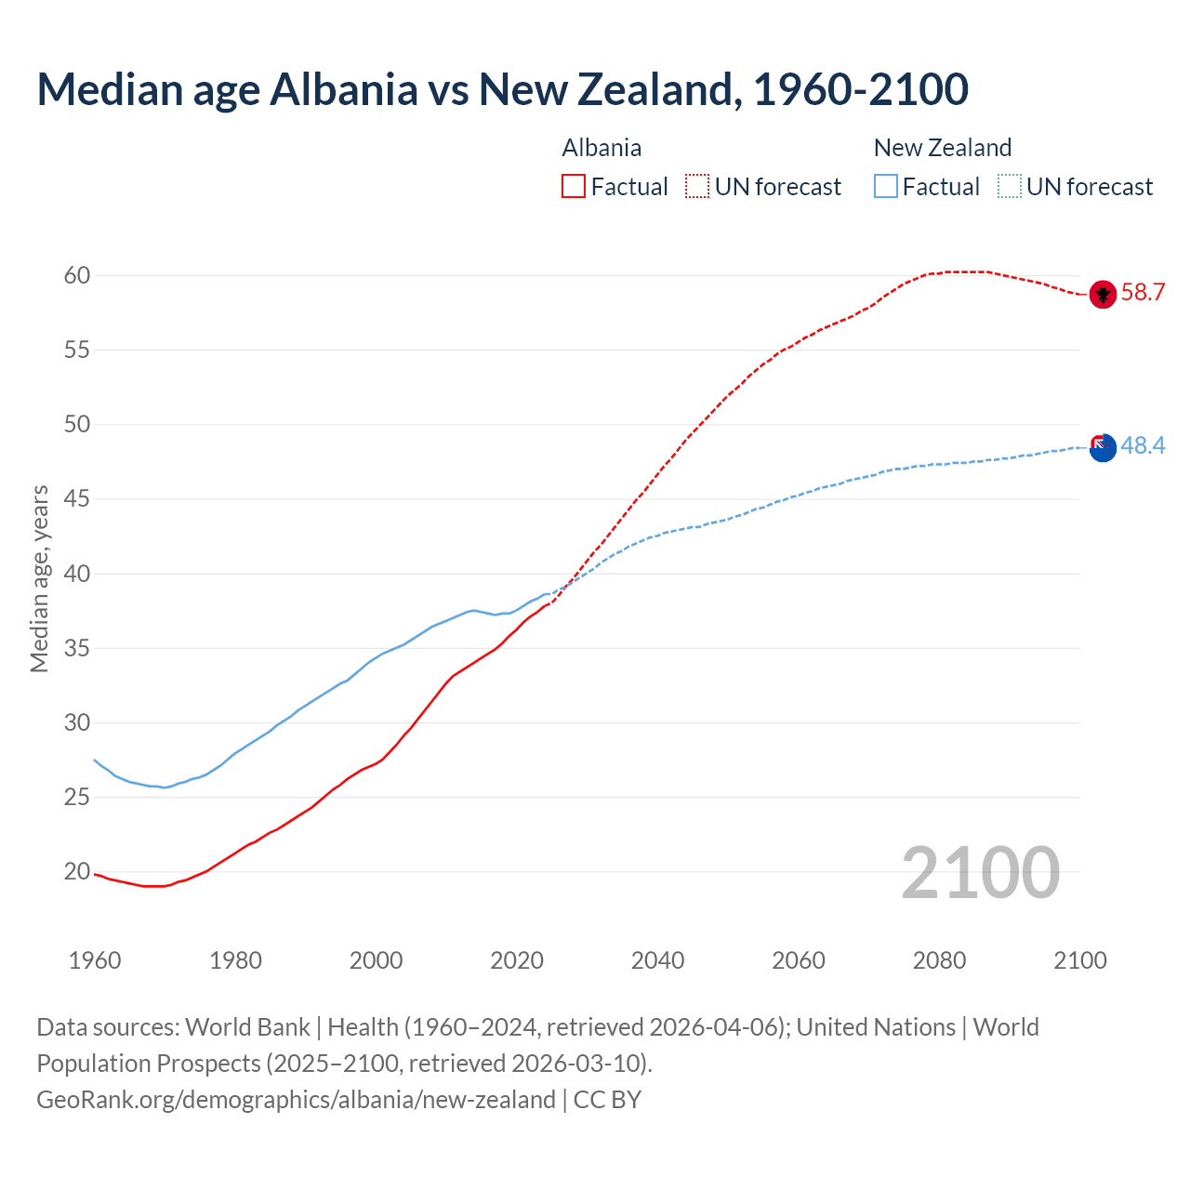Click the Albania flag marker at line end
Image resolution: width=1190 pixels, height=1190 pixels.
(x=1103, y=294)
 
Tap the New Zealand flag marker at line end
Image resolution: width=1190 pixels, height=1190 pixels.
(x=1103, y=447)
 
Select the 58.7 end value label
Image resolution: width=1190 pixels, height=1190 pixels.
(x=1143, y=293)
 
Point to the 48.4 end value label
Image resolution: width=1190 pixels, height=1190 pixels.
(x=1143, y=446)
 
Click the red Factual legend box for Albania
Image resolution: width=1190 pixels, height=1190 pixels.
(x=574, y=187)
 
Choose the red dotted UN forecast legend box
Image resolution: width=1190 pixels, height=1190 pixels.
(x=697, y=187)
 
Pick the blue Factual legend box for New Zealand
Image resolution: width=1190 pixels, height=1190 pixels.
(x=886, y=187)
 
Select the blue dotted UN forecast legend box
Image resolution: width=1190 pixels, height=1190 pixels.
(x=1010, y=187)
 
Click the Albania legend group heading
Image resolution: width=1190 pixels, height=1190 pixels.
(x=602, y=148)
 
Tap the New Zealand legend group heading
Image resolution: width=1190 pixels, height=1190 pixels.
(x=942, y=148)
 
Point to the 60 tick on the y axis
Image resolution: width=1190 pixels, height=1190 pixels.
(x=77, y=275)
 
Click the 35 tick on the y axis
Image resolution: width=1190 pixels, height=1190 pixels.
(x=77, y=648)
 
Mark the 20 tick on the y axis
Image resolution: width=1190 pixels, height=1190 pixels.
(x=77, y=872)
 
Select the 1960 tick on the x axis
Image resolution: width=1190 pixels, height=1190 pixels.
(x=95, y=960)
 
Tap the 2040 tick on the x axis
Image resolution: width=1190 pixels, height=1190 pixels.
(x=657, y=960)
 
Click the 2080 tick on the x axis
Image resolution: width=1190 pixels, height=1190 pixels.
(x=939, y=960)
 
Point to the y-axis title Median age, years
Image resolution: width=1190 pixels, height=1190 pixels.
(x=39, y=578)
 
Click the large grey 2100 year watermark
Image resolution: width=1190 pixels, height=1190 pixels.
(x=980, y=873)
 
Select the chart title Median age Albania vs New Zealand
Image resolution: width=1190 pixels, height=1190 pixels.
(x=502, y=89)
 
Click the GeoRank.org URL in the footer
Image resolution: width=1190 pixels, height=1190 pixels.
(x=296, y=1100)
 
